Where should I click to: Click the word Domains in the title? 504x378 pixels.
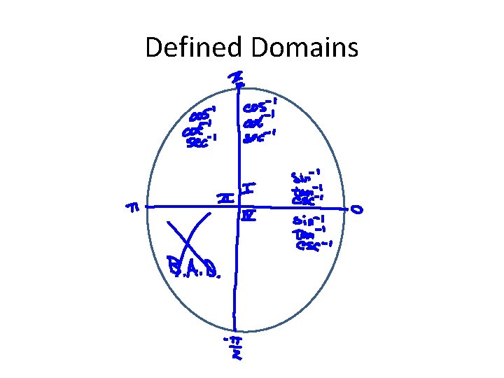[302, 48]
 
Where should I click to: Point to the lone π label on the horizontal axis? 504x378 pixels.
[132, 208]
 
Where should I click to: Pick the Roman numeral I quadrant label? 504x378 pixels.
[248, 189]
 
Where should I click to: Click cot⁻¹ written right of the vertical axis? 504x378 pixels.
[258, 123]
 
